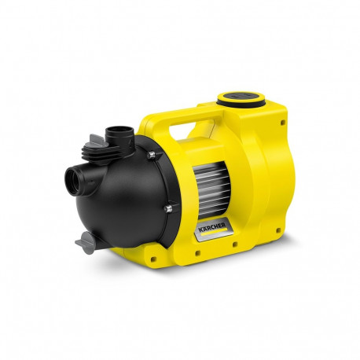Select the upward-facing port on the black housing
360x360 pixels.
tap(123, 129)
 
